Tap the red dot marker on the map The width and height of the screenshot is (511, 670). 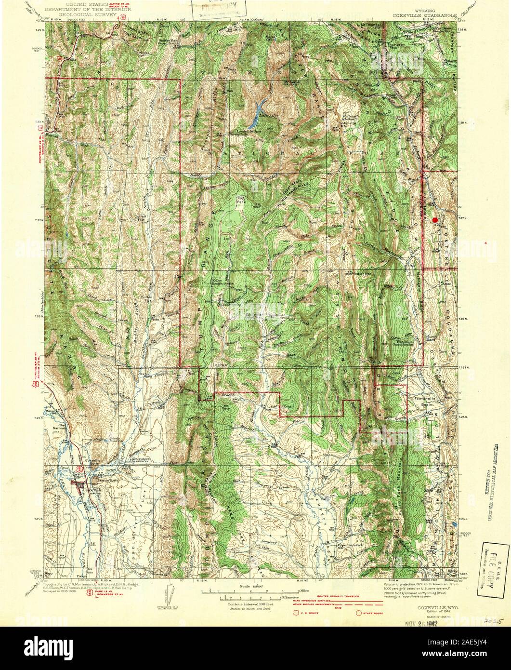(435, 220)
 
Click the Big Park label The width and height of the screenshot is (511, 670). (241, 199)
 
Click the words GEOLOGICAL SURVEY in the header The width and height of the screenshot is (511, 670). (81, 15)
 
